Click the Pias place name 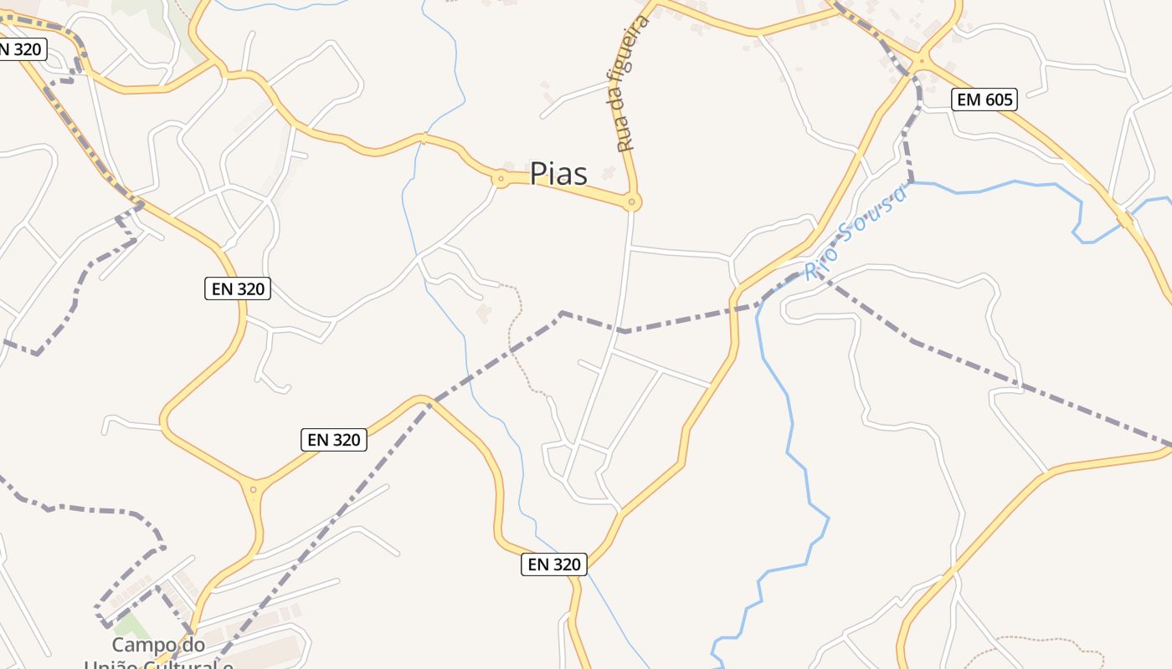(x=558, y=174)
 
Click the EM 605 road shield (x=984, y=100)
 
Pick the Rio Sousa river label (x=856, y=233)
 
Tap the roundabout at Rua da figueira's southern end (x=632, y=202)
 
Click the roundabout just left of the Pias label (x=501, y=178)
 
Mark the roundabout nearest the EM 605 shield (x=922, y=60)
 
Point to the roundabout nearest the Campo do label (x=253, y=488)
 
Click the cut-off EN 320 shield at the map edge (x=18, y=49)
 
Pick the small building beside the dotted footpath (x=484, y=314)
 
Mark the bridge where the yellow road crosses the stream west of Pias (x=424, y=139)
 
